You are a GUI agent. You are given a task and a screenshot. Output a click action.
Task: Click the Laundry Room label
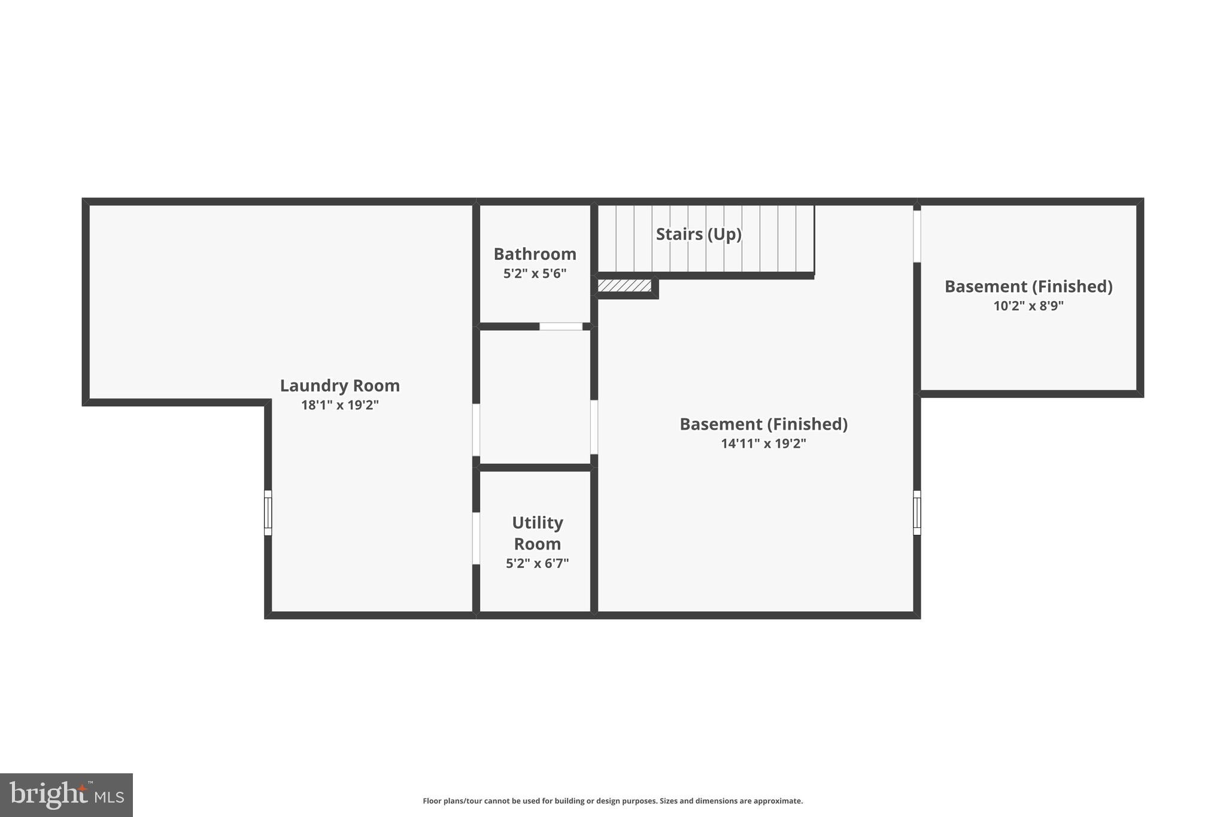tap(339, 385)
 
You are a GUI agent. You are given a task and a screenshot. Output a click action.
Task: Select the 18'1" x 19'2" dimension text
tap(339, 405)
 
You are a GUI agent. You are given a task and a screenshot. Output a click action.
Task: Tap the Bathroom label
tap(535, 254)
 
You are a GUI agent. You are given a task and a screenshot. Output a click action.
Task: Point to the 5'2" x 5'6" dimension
tap(535, 274)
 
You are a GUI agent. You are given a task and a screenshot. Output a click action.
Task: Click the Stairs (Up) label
tap(699, 234)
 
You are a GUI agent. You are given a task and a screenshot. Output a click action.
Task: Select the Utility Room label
tap(537, 533)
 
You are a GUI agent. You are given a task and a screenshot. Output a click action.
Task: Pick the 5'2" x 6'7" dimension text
tap(537, 563)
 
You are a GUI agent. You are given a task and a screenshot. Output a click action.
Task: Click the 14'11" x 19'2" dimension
tap(763, 444)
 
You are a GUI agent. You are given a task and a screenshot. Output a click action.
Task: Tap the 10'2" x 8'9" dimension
tap(1028, 306)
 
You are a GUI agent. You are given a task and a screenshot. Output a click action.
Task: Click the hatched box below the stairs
tap(624, 286)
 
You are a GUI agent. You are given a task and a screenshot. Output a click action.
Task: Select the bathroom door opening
tap(561, 326)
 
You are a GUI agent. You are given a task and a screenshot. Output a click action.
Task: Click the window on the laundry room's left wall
tap(268, 513)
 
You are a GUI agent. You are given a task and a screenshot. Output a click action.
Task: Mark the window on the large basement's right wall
tap(917, 513)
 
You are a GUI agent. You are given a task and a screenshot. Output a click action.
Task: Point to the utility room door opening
tap(476, 538)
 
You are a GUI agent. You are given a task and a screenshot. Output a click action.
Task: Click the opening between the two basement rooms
tap(917, 236)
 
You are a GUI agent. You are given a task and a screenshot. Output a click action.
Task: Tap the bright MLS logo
tap(66, 795)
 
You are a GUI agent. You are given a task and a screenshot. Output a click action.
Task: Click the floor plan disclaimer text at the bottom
tap(612, 801)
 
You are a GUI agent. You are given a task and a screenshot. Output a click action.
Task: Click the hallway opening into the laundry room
tap(476, 430)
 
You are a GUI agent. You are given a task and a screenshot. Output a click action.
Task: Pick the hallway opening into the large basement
tap(594, 427)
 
